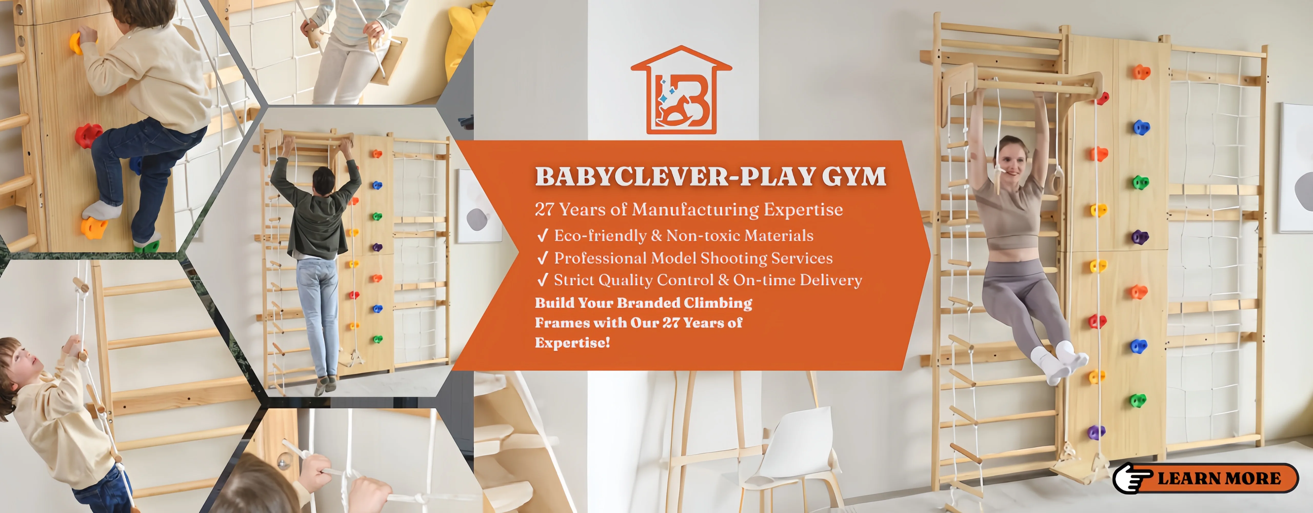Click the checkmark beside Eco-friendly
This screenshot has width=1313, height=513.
[x=542, y=235]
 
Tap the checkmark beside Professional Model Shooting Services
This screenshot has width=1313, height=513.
[x=542, y=258]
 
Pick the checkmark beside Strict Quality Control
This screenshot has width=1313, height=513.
[x=542, y=280]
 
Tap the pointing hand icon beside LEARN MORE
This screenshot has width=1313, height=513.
[x=1131, y=478]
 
